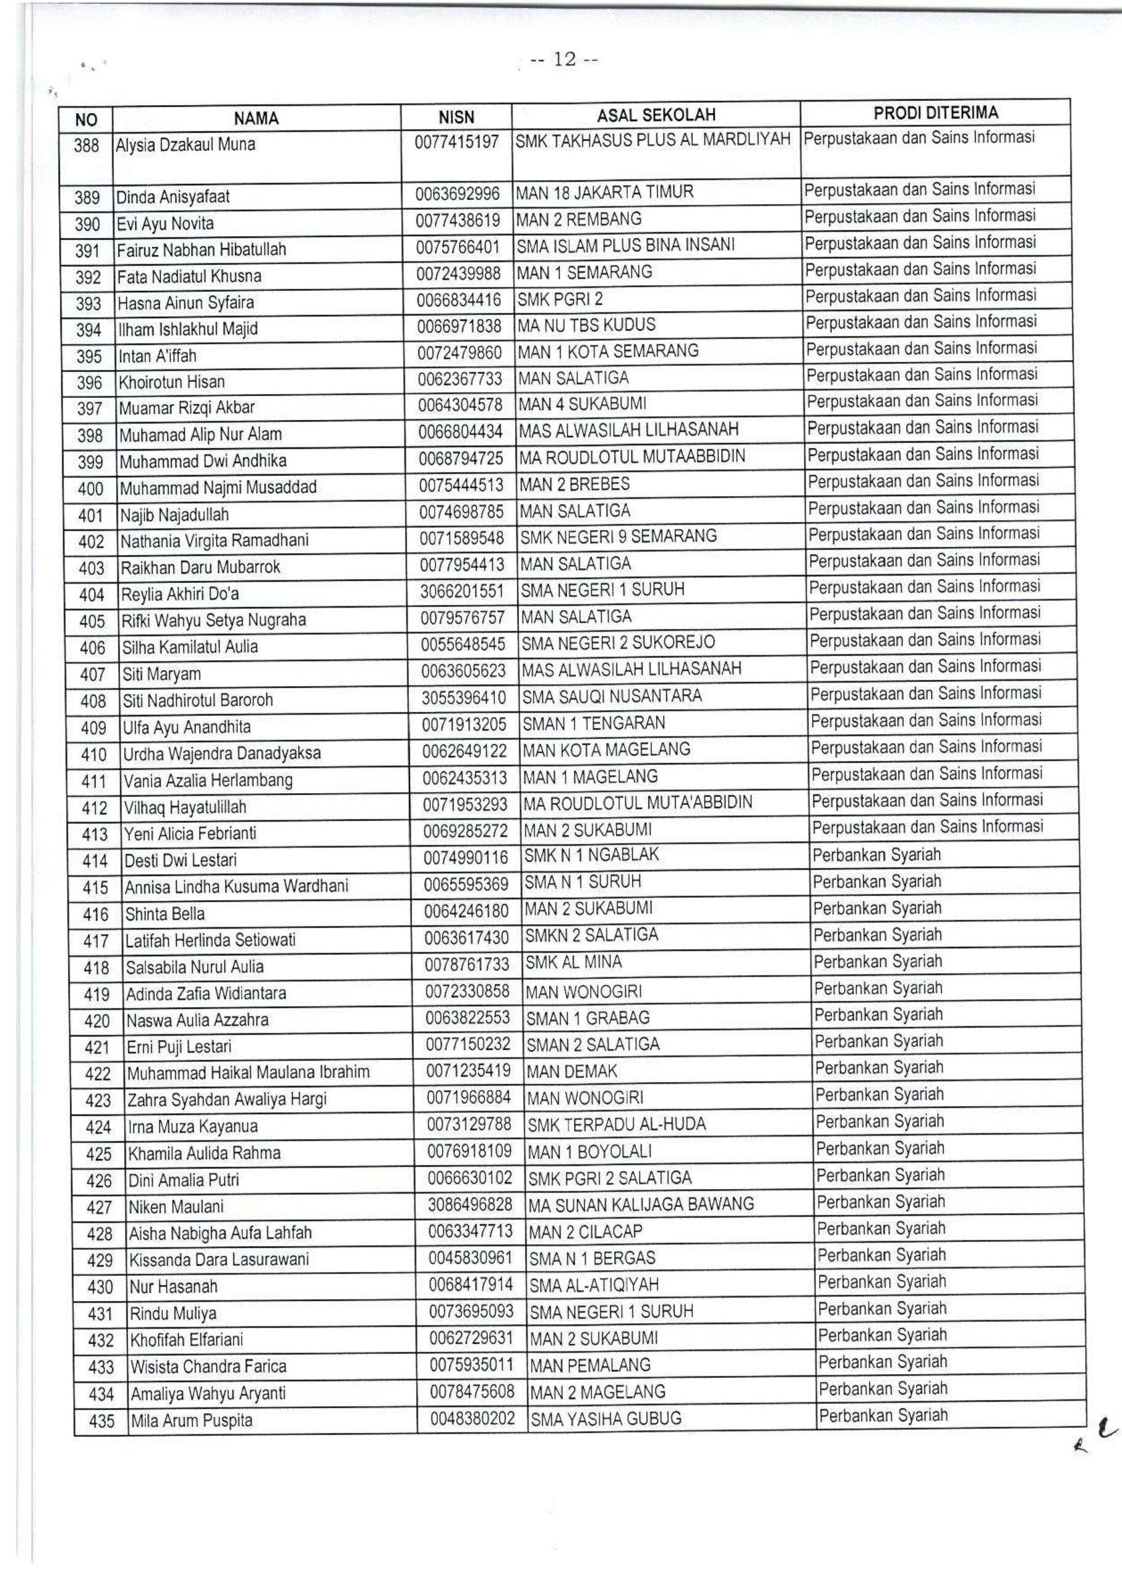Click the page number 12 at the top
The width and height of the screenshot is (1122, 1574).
(564, 61)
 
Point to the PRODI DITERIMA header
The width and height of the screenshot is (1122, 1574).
(936, 113)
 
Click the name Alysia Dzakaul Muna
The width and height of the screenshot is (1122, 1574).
(185, 145)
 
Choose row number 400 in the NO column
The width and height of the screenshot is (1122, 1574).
(90, 489)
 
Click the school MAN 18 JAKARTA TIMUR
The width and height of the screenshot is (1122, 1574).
(604, 192)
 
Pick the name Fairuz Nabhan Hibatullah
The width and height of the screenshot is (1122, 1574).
(201, 250)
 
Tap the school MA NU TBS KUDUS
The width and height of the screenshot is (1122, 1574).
(587, 325)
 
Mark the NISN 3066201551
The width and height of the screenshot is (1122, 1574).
(462, 591)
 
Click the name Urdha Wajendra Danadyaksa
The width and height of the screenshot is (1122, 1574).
(222, 754)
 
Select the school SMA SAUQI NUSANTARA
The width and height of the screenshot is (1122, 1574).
(612, 697)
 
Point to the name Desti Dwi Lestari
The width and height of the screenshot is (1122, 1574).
(180, 860)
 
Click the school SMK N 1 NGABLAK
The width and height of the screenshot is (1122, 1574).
(591, 855)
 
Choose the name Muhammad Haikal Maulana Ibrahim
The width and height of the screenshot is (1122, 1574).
(248, 1073)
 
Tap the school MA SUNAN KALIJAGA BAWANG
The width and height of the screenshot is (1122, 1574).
(641, 1205)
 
